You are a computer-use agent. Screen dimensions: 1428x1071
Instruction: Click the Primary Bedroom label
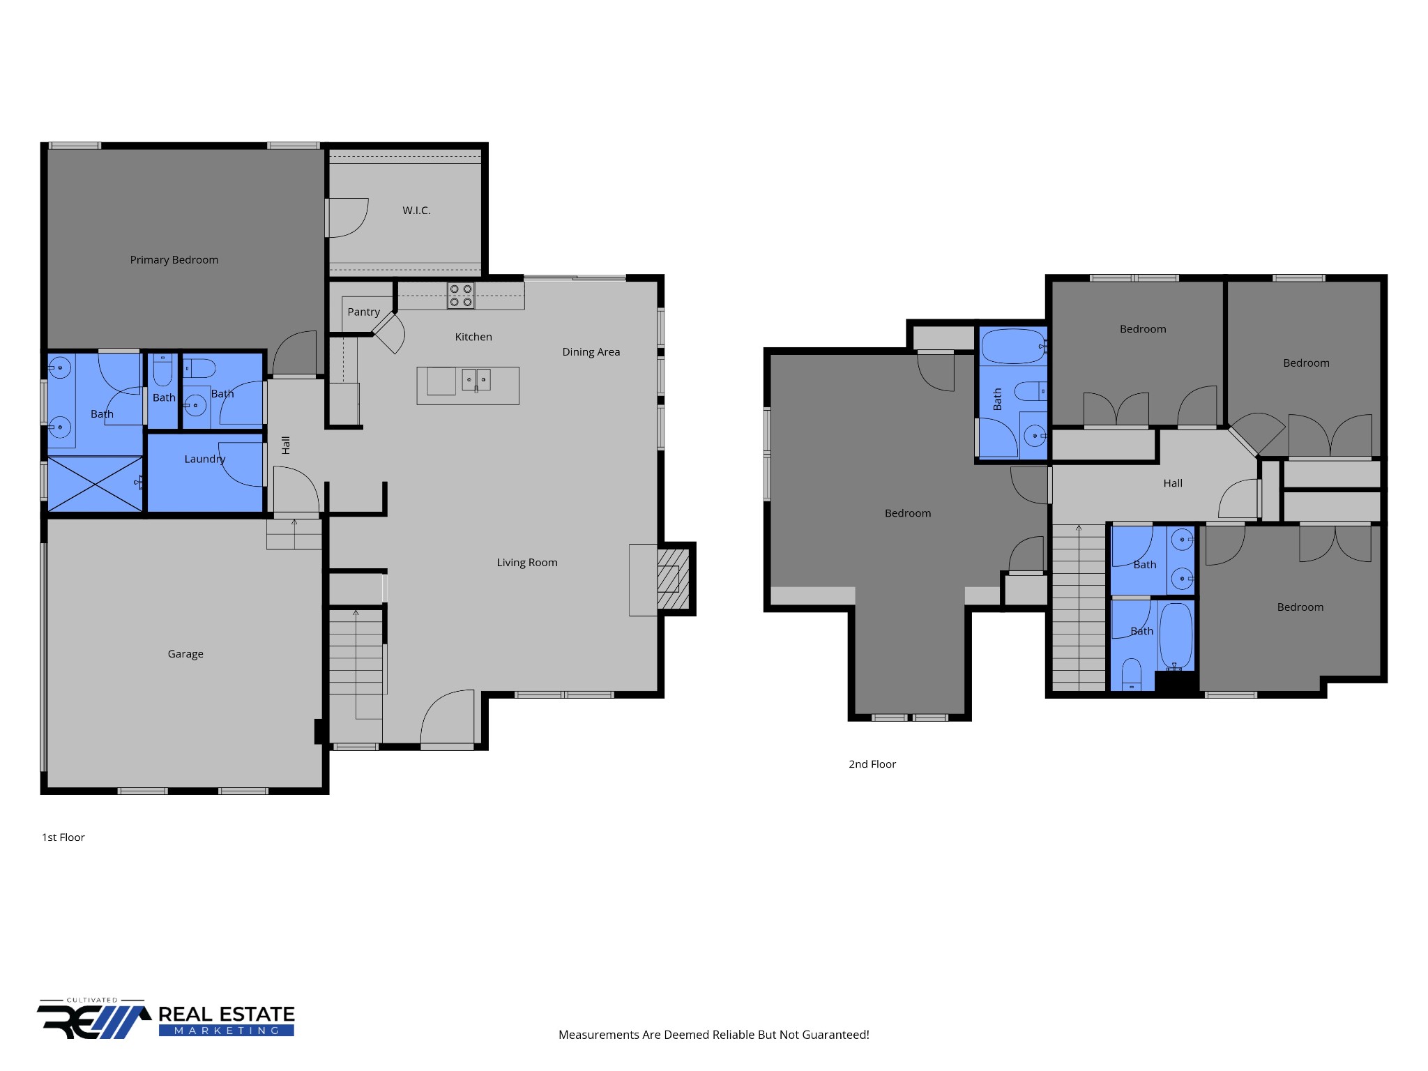point(174,260)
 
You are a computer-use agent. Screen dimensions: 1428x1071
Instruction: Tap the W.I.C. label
point(416,211)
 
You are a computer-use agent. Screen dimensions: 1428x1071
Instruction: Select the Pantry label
point(364,312)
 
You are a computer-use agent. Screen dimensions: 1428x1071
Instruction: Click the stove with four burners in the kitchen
point(461,296)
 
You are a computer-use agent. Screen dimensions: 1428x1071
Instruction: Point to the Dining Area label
point(591,352)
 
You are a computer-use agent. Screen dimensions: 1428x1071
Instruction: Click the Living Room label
point(527,563)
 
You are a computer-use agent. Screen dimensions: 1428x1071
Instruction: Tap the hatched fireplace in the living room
point(673,579)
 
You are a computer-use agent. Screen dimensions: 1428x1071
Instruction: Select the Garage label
point(185,654)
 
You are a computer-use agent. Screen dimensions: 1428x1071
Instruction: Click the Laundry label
point(205,459)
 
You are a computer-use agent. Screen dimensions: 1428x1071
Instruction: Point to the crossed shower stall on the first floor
point(95,485)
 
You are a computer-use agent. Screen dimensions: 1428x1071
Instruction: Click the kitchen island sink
point(476,380)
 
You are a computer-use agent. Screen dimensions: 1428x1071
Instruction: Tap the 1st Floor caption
point(63,837)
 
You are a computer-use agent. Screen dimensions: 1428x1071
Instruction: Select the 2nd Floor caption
point(872,764)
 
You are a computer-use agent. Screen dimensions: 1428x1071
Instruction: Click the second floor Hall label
point(1173,483)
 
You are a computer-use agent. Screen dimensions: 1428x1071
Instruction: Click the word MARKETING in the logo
point(227,1031)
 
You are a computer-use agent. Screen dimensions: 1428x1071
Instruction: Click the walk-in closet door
point(348,218)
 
